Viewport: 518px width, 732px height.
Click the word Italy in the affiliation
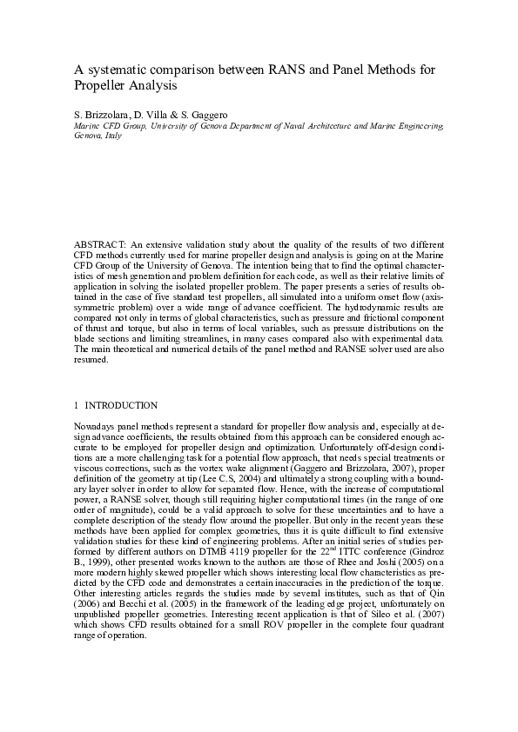coord(113,136)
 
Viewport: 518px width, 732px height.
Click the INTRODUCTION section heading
coord(121,405)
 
